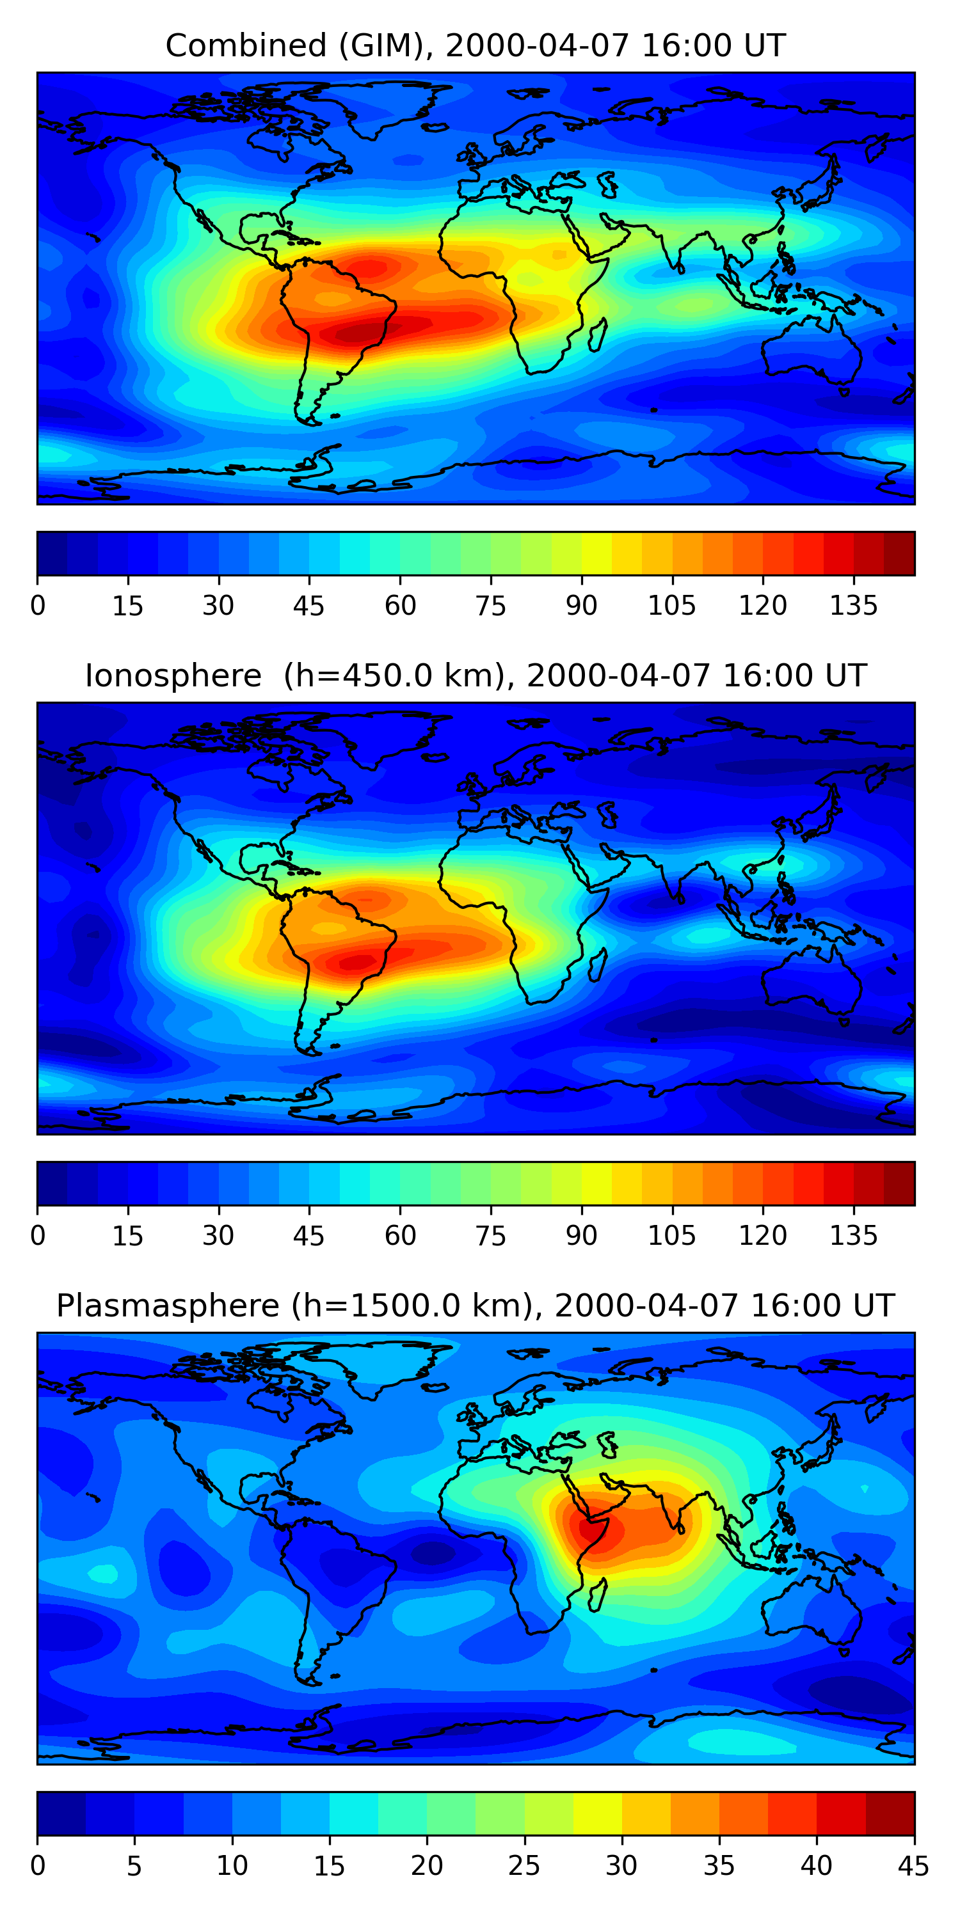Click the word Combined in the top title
(x=245, y=45)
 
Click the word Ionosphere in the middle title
(x=173, y=675)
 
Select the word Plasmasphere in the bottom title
(x=168, y=1306)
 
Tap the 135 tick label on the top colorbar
(x=853, y=606)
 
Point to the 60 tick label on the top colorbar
(x=400, y=606)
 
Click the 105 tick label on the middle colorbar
(x=671, y=1236)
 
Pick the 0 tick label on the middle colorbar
(x=38, y=1236)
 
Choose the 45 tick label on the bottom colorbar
(x=913, y=1866)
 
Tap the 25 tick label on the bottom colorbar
(x=524, y=1866)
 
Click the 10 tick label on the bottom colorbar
(x=232, y=1866)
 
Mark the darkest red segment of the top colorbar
(x=899, y=553)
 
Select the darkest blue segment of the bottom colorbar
(x=61, y=1814)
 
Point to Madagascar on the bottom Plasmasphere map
(x=597, y=1596)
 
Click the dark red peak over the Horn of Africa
(x=589, y=1527)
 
